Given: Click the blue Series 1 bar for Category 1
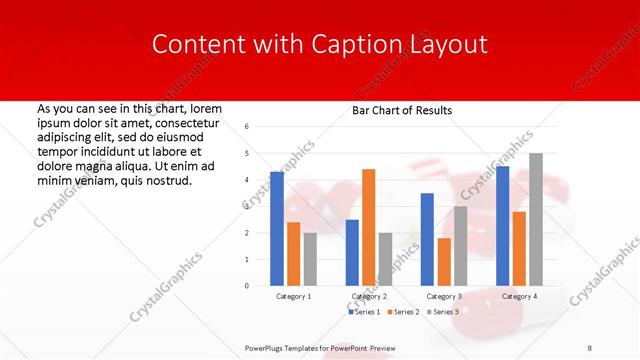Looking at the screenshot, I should click(277, 229).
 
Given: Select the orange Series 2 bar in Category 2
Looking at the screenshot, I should click(368, 227).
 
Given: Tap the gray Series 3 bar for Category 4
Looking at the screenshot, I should click(536, 219).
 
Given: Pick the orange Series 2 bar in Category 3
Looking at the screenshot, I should click(444, 262).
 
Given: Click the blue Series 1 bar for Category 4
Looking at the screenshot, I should click(502, 226).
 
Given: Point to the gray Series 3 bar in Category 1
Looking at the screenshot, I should click(310, 259).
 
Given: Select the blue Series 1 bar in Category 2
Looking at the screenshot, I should click(352, 253).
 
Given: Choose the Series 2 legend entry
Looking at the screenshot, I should click(402, 312).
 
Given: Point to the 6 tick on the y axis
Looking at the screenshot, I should click(247, 127).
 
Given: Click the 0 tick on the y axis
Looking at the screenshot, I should click(247, 286).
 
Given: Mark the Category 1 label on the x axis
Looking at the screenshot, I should click(293, 297).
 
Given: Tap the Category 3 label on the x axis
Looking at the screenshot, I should click(443, 297).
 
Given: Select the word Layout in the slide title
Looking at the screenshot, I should click(450, 44).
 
